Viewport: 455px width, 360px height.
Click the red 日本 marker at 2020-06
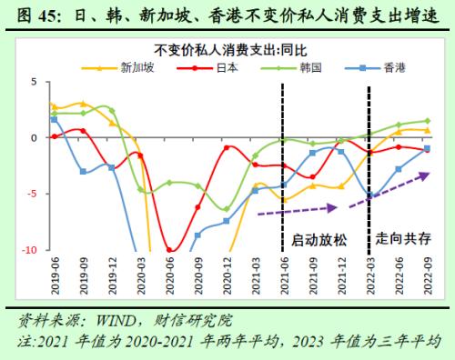[x=168, y=248]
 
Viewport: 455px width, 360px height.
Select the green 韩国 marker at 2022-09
[x=427, y=121]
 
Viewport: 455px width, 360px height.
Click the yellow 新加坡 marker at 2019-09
[x=83, y=104]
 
